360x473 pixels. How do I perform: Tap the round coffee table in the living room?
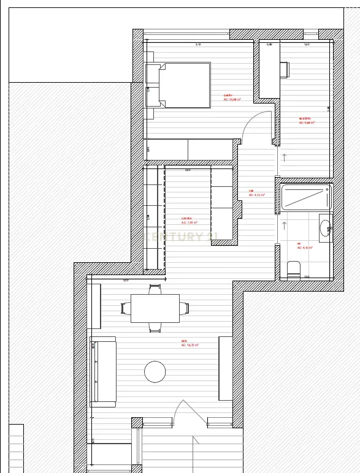[x=155, y=371]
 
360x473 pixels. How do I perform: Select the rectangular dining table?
[x=155, y=308]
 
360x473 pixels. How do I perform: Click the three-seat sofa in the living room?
[x=102, y=371]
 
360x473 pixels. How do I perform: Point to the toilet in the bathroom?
[x=294, y=269]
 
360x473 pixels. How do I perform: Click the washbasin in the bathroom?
[x=325, y=228]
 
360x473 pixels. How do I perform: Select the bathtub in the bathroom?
[x=305, y=198]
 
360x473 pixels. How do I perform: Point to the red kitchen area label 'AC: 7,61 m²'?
[x=188, y=222]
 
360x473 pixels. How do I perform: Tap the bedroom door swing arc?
[x=253, y=125]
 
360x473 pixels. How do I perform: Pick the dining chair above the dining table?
[x=155, y=288]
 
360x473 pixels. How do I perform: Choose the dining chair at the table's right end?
[x=185, y=308]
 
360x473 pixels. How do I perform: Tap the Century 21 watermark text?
[x=182, y=236]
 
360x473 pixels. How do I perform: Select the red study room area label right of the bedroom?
[x=307, y=121]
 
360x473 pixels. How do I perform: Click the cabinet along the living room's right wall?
[x=225, y=368]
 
